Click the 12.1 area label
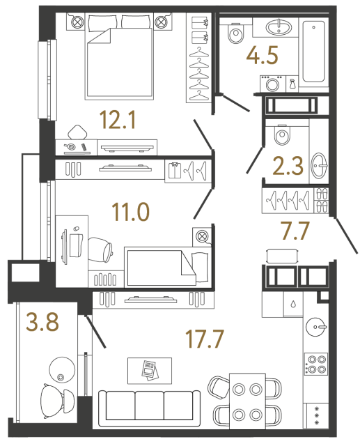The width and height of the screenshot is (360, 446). pos(116,122)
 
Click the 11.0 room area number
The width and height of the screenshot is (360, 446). pos(132,210)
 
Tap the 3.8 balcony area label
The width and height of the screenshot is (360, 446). pos(42,322)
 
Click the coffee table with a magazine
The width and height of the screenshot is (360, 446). pos(150,369)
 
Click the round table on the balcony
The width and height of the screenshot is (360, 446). pos(61,369)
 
